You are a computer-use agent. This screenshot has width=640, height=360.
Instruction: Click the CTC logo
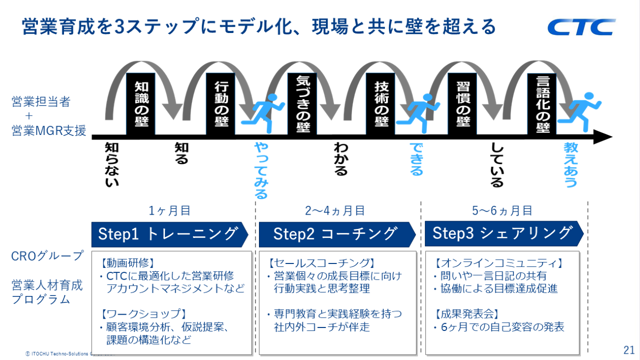[x=581, y=27]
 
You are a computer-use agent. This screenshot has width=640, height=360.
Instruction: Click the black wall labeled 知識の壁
[x=141, y=104]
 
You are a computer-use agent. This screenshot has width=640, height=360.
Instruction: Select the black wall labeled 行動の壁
[x=221, y=104]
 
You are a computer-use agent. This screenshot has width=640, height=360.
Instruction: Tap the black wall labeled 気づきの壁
[x=302, y=104]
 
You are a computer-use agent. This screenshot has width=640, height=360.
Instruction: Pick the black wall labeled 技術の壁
[x=381, y=104]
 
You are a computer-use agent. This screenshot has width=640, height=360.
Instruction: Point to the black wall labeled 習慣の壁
[x=462, y=104]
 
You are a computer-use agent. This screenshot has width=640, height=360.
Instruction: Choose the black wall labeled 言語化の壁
[x=542, y=104]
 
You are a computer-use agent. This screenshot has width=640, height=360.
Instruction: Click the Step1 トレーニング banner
[x=170, y=234]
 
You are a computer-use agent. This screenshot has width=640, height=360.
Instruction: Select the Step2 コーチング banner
[x=337, y=234]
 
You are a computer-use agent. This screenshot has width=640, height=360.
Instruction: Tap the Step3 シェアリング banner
[x=504, y=233]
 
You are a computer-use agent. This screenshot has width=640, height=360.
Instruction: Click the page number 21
[x=629, y=350]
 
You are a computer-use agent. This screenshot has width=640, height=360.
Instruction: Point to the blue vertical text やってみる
[x=261, y=171]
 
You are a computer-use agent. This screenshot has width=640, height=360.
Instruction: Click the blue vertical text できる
[x=416, y=159]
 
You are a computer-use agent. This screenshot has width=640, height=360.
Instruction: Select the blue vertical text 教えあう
[x=571, y=165]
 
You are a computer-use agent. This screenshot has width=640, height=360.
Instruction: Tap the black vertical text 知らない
[x=112, y=165]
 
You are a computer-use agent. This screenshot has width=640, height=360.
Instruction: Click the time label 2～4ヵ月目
[x=335, y=211]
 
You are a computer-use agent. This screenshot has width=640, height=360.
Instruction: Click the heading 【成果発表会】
[x=466, y=314]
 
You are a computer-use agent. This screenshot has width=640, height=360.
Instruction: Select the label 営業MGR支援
[x=49, y=131]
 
